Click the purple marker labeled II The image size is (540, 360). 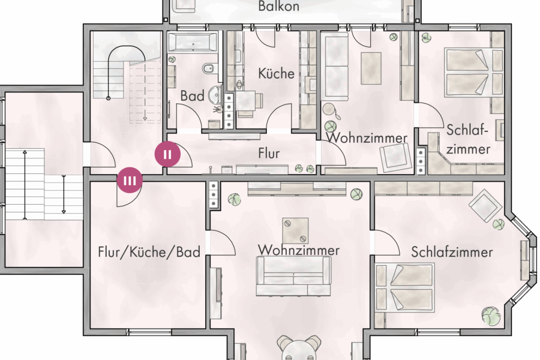pyautogui.click(x=167, y=154)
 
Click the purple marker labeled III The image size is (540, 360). pyautogui.click(x=130, y=179)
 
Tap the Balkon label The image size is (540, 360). pyautogui.click(x=278, y=7)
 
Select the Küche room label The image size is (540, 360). pyautogui.click(x=276, y=74)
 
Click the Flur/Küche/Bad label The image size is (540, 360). pyautogui.click(x=149, y=252)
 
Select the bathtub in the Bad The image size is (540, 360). pyautogui.click(x=193, y=43)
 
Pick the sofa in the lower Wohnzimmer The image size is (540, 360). pyautogui.click(x=293, y=277)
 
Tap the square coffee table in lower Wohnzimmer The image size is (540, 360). pyautogui.click(x=295, y=230)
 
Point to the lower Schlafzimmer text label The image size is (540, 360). pyautogui.click(x=452, y=251)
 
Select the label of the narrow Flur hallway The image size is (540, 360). pyautogui.click(x=269, y=154)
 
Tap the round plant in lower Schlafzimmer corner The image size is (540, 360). pyautogui.click(x=490, y=316)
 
